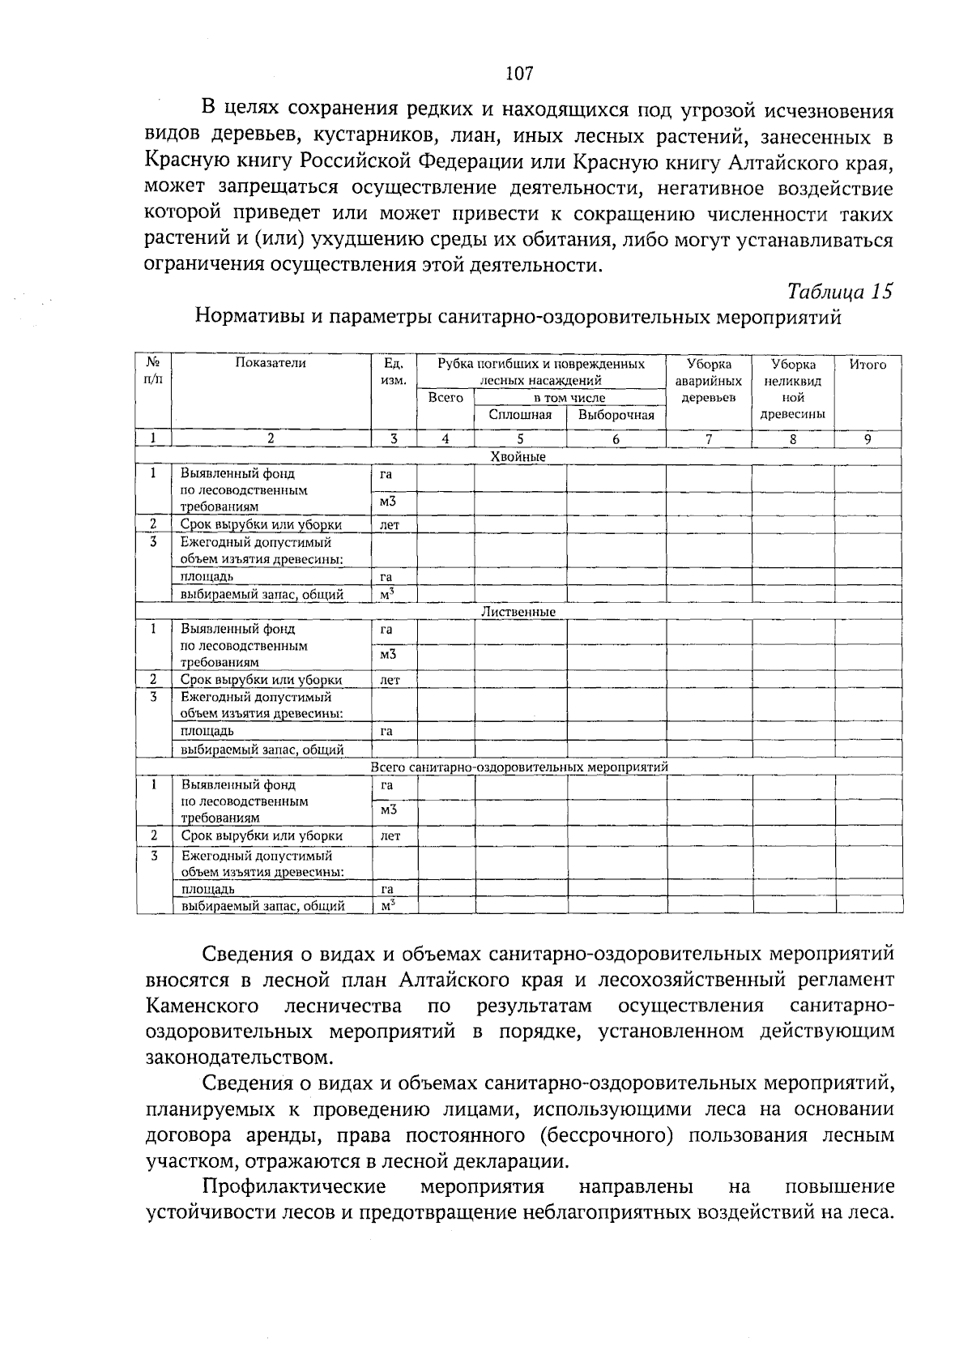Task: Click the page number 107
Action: [518, 74]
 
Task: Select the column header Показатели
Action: [271, 364]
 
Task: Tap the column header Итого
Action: [868, 365]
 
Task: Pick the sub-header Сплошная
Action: [520, 415]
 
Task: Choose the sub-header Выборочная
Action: [616, 415]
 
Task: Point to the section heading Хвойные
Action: [518, 457]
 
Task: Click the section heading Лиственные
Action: [518, 612]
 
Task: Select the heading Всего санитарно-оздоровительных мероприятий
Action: [518, 767]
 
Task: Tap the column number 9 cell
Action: [868, 438]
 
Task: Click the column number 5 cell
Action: [520, 438]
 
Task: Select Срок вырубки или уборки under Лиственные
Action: [261, 680]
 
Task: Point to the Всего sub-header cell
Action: [446, 398]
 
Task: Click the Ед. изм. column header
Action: [394, 372]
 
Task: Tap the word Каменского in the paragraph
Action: [202, 1006]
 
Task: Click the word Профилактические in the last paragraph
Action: [293, 1186]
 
